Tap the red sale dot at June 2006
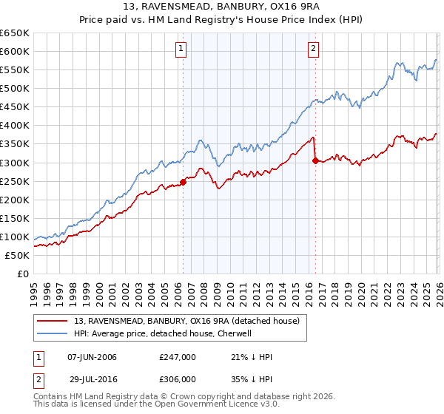pyautogui.click(x=183, y=182)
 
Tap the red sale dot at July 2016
pyautogui.click(x=315, y=160)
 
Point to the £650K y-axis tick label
pyautogui.click(x=15, y=33)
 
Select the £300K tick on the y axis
pyautogui.click(x=15, y=163)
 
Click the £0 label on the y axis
pyautogui.click(x=24, y=274)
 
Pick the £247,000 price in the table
pyautogui.click(x=177, y=357)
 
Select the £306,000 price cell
pyautogui.click(x=177, y=379)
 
